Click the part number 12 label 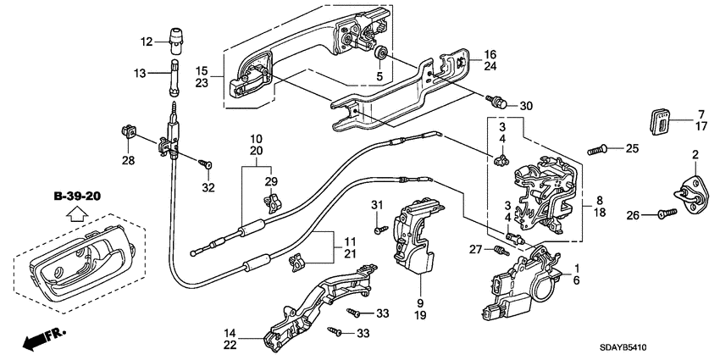(x=146, y=42)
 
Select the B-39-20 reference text (x=77, y=197)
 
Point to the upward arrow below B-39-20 (x=77, y=216)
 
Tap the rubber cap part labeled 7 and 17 (x=658, y=120)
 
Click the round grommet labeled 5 (x=382, y=54)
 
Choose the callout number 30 (x=526, y=106)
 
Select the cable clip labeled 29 (x=272, y=202)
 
